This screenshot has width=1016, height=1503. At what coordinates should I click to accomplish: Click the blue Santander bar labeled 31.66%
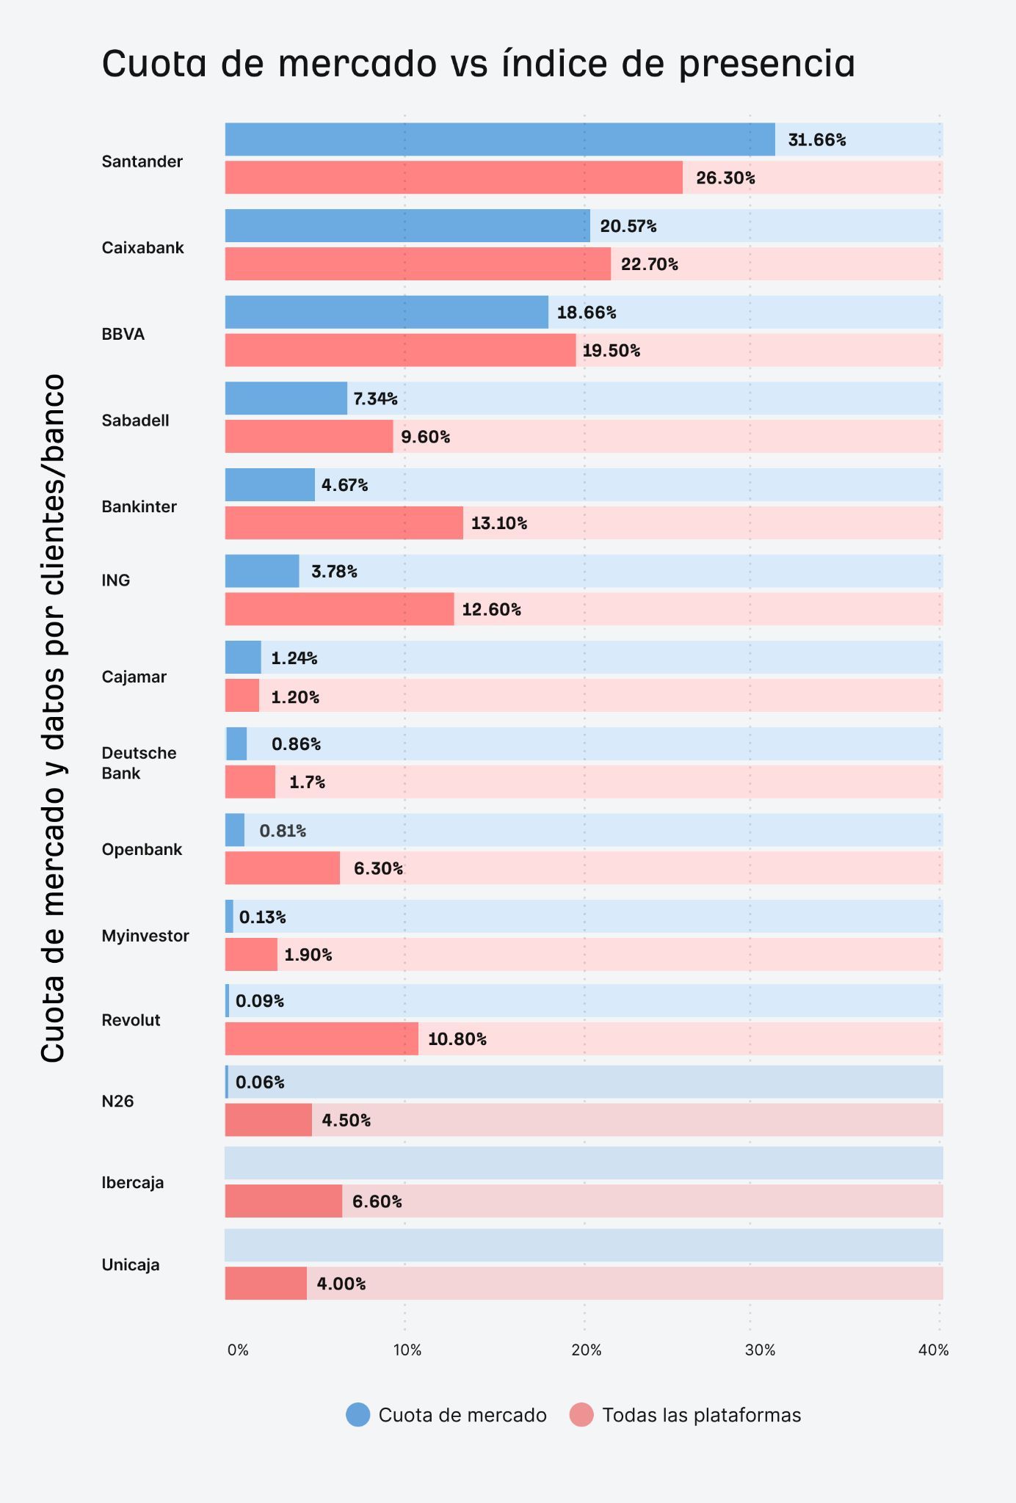499,139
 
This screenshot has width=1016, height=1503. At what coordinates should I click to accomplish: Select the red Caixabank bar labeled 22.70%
417,263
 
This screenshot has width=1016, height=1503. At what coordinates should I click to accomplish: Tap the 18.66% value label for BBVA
586,313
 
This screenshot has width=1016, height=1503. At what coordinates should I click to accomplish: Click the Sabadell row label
135,421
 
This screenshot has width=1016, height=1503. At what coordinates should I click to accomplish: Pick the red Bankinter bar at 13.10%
344,523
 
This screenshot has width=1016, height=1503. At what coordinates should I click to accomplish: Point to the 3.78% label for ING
334,571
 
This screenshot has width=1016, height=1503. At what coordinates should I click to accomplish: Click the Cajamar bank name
134,677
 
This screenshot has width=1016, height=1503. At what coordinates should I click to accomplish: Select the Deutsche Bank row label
139,763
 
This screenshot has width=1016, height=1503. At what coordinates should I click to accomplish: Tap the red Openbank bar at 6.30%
282,868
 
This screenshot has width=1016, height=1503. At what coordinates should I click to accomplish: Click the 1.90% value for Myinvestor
308,955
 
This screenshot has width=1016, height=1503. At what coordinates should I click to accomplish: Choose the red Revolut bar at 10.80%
321,1039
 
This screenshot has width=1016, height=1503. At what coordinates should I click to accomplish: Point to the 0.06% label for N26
260,1082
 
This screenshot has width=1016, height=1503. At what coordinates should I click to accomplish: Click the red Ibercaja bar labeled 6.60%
283,1201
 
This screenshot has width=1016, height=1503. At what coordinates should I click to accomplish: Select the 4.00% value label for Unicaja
341,1284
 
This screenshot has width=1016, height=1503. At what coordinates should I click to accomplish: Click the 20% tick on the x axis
586,1350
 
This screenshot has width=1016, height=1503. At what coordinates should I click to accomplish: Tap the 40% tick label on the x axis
933,1350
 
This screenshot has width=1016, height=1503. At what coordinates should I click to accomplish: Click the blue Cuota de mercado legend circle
358,1415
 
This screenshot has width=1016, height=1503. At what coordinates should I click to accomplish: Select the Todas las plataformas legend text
701,1415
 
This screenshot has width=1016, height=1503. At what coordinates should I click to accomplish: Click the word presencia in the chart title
766,64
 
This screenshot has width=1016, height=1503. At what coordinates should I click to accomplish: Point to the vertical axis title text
53,718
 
